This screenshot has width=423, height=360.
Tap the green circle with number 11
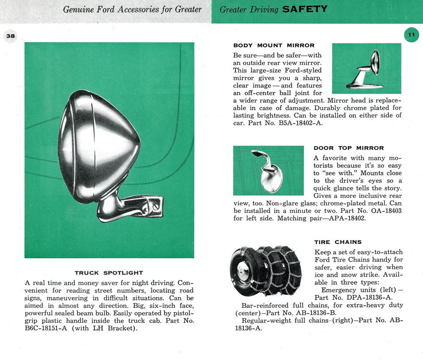411,35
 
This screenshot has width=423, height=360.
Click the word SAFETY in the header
304,9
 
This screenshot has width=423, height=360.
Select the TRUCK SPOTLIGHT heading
109,273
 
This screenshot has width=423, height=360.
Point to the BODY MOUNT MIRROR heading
274,45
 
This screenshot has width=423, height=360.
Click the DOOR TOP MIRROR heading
349,148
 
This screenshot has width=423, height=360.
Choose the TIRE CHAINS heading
338,242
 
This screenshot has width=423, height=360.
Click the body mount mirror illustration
366,68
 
